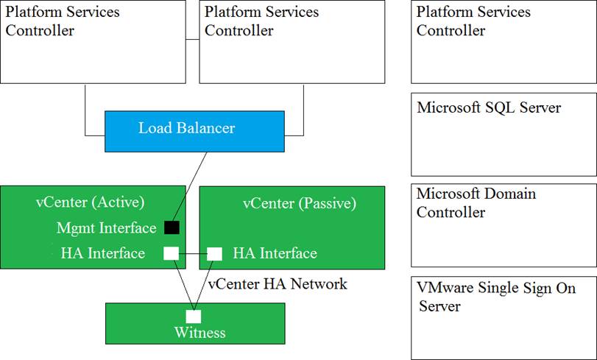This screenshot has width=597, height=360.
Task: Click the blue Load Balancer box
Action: tap(194, 132)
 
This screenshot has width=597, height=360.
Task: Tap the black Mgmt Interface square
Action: tap(172, 227)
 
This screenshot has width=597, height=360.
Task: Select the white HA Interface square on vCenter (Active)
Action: tap(171, 253)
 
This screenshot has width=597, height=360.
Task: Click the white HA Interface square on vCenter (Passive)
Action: tap(214, 254)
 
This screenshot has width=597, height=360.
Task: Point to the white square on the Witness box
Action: tap(194, 317)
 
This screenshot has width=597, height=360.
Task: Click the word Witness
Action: tap(200, 333)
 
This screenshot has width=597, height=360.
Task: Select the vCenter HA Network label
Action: tap(278, 284)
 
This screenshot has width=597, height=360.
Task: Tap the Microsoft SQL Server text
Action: tap(489, 107)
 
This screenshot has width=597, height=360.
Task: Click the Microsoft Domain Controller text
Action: tap(476, 202)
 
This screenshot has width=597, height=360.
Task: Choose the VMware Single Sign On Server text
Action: tap(495, 297)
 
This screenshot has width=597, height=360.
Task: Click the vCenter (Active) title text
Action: tap(91, 202)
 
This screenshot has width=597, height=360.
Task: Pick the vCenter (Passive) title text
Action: tap(300, 203)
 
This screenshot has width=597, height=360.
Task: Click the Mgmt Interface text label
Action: tap(107, 227)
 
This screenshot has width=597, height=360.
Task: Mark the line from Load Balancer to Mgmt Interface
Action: tap(189, 186)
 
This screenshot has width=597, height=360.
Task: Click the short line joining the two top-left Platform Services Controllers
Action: tap(193, 39)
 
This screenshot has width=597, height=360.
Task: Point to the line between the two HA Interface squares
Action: tap(193, 254)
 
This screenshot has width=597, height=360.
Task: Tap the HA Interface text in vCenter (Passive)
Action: tap(275, 253)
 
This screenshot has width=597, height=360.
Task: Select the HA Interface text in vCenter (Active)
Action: tap(103, 253)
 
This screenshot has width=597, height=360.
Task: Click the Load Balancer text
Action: tap(186, 128)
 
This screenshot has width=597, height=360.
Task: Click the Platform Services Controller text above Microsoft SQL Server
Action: tap(473, 21)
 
